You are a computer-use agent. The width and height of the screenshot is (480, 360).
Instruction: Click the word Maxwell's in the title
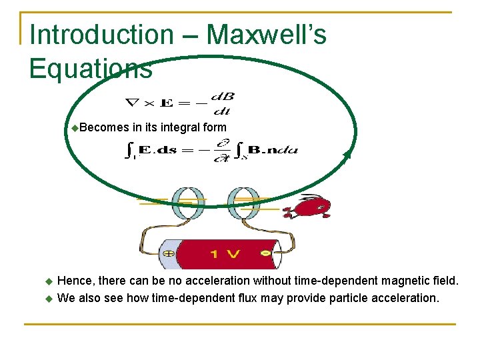point(267,35)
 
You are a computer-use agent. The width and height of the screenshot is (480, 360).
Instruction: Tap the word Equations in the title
point(91,68)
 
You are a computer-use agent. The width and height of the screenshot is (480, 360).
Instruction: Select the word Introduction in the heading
point(102,35)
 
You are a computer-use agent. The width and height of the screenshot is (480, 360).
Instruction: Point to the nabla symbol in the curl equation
point(133,103)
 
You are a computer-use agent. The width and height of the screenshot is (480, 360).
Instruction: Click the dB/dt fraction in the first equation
point(223,103)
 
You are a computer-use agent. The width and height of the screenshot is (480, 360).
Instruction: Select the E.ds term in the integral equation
point(158,150)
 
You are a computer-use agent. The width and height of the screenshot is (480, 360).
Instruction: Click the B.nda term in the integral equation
point(273,150)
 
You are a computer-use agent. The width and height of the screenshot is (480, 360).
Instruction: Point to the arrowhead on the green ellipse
point(347,155)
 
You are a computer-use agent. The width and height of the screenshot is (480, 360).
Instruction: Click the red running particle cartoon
point(307,207)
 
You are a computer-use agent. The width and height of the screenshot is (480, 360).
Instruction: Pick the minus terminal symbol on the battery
point(266,254)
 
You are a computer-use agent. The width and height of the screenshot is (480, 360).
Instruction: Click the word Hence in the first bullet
point(74,281)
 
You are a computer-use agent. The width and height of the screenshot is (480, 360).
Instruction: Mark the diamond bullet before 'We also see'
point(47,298)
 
